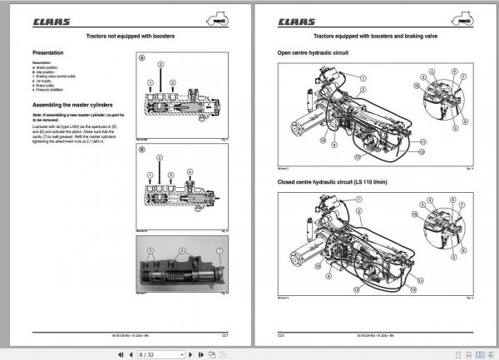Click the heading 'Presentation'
[x=48, y=53]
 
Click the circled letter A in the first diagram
[x=141, y=59]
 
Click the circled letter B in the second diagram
[x=141, y=150]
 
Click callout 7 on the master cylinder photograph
[x=218, y=250]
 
